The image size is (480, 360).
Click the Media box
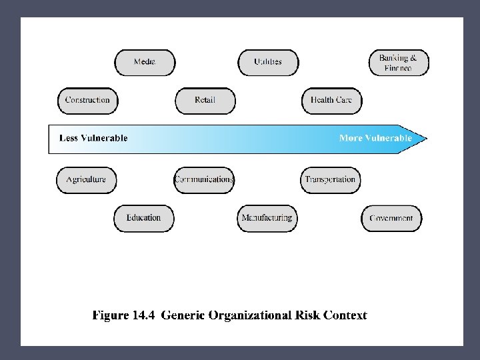coord(145,62)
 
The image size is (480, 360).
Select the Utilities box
coord(268,62)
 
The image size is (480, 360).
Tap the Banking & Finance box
coord(399,63)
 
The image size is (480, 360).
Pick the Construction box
coord(87,101)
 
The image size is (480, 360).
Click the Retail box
coord(205,101)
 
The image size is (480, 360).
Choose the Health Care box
coord(331,101)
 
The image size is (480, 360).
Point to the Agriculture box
coord(86,180)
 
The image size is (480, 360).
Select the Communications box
coord(204,180)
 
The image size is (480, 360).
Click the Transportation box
coord(330,180)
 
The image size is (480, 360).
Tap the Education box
coord(143,218)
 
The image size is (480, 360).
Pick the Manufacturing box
coord(267,218)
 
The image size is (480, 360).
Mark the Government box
coord(391,219)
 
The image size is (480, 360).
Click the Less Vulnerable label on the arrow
coord(93,139)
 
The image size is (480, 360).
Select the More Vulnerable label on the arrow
coord(375,139)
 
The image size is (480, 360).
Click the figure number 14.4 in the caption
coord(141,315)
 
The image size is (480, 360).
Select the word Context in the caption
coord(345,315)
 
